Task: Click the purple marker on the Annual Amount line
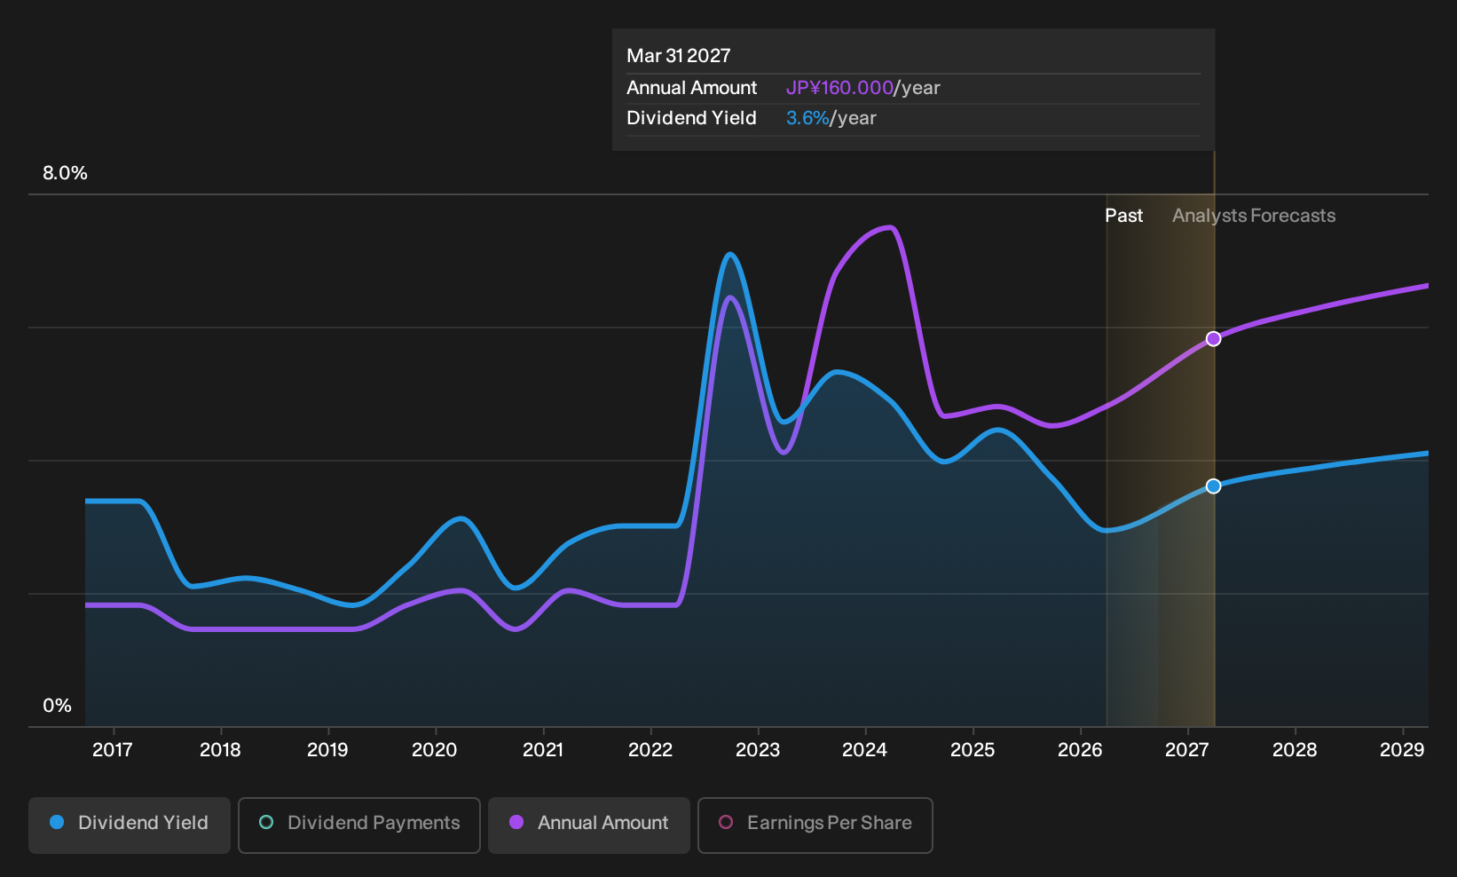1213,339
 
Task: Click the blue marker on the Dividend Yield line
1213,486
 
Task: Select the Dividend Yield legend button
130,825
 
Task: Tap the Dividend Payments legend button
359,825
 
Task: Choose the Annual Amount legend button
588,825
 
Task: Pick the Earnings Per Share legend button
815,825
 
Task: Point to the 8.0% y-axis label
65,173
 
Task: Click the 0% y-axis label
58,706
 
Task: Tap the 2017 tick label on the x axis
113,750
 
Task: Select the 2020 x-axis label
435,750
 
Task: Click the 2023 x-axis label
757,750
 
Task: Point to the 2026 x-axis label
1080,750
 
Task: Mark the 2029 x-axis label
1402,750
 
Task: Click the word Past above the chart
1124,216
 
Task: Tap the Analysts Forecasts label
1254,216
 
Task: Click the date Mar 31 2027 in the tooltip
679,56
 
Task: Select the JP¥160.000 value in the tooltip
839,88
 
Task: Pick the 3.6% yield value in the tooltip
807,118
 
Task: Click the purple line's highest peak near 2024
889,227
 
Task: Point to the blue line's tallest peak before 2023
730,255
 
